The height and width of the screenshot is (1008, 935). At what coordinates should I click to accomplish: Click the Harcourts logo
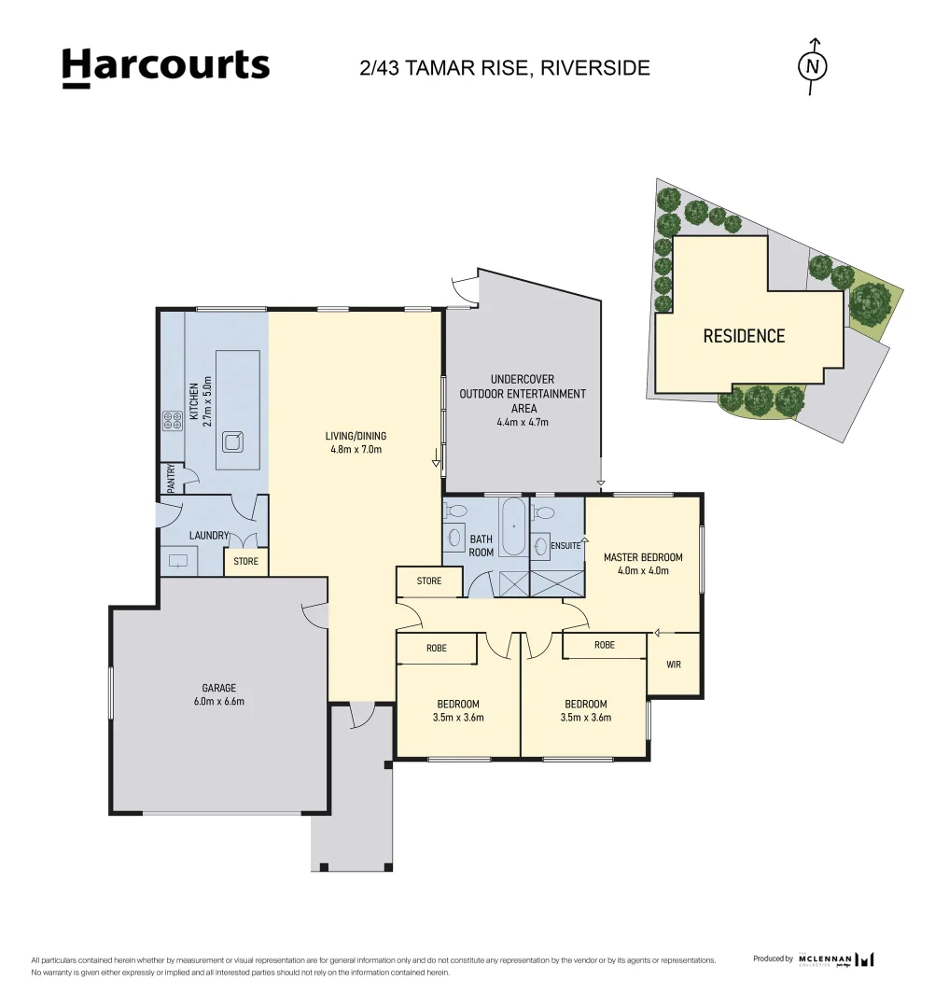(x=166, y=67)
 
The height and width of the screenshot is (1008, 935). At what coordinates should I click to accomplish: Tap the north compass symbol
(x=813, y=66)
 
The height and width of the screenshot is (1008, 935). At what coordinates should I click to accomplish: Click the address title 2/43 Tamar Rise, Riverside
(x=505, y=67)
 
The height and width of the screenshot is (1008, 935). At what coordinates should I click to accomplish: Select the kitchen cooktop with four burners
(x=173, y=420)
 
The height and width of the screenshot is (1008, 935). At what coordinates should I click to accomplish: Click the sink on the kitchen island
(x=232, y=441)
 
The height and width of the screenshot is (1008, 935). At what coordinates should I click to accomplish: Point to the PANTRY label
(x=172, y=478)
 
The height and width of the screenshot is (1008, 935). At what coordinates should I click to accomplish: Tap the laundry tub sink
(x=178, y=561)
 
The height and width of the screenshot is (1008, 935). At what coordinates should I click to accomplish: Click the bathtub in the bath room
(x=513, y=525)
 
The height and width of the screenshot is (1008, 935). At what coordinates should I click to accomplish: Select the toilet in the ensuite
(x=544, y=511)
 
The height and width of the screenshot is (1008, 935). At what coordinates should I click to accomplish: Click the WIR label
(x=674, y=665)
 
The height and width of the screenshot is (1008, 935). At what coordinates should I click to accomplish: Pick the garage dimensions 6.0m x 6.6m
(x=218, y=701)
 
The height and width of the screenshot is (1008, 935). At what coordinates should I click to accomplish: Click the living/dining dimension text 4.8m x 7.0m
(x=356, y=449)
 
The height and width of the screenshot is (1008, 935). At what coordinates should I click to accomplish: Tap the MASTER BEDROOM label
(x=643, y=556)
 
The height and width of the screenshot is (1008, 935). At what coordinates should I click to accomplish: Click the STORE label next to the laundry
(x=245, y=561)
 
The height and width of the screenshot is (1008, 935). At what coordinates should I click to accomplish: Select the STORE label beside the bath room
(x=428, y=581)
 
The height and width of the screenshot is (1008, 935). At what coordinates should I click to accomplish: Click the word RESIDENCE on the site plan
(x=744, y=336)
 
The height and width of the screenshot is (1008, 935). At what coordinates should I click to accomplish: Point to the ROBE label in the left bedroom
(x=437, y=648)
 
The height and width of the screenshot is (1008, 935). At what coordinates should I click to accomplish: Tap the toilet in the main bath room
(x=456, y=511)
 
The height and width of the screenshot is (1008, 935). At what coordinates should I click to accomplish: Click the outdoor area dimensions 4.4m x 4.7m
(x=523, y=423)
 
